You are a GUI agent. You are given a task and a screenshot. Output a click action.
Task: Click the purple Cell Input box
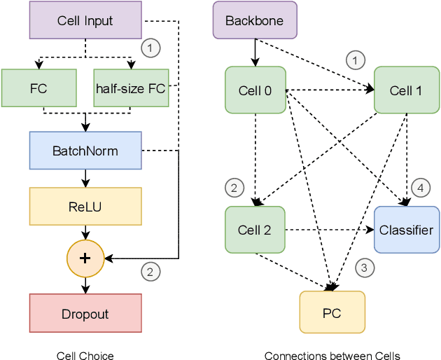coord(85,20)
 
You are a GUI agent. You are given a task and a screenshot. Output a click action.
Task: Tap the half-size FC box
coord(131,88)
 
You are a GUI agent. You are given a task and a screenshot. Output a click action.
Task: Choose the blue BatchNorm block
coord(85,151)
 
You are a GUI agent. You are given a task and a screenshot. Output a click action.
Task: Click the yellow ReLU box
coord(85,206)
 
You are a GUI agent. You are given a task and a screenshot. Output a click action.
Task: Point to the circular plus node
coord(85,258)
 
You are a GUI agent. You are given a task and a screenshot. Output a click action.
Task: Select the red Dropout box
coord(85,313)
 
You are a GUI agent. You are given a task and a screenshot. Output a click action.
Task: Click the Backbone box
coord(255,20)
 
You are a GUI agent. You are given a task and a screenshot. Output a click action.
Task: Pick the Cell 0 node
coord(255,90)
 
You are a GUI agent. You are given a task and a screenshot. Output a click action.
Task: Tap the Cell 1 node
coord(405,90)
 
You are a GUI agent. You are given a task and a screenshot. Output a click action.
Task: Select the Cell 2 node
coord(255,229)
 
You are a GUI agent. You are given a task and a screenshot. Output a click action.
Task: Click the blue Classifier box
coord(405,229)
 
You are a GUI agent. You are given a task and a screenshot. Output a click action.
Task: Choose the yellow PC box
coord(332,312)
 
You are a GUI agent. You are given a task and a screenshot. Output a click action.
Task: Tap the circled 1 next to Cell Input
coord(150,48)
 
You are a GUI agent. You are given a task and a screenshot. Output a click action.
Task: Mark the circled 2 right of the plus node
coord(149,270)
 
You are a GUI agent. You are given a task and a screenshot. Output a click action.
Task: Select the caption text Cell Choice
coord(85,356)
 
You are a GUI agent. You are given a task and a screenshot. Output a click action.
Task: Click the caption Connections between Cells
coord(332,356)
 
